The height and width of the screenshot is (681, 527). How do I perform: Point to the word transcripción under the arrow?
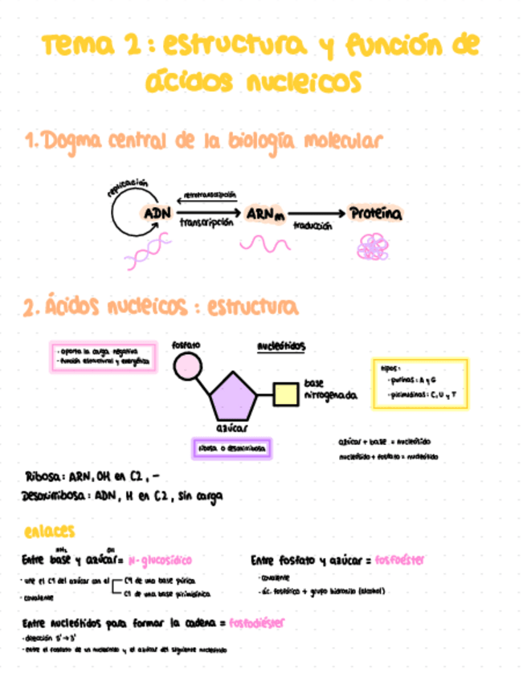206,224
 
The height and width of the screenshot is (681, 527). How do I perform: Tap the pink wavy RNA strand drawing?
266,243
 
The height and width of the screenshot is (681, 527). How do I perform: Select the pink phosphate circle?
187,368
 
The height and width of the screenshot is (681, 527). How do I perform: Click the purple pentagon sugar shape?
232,395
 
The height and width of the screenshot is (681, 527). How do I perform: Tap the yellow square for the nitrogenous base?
286,394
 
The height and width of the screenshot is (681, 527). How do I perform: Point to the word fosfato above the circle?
186,345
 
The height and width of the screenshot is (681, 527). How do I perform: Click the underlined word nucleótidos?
280,347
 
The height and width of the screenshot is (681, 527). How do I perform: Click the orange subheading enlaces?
50,531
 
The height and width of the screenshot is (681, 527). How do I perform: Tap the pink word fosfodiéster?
255,623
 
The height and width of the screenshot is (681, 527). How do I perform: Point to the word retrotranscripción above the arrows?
210,195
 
